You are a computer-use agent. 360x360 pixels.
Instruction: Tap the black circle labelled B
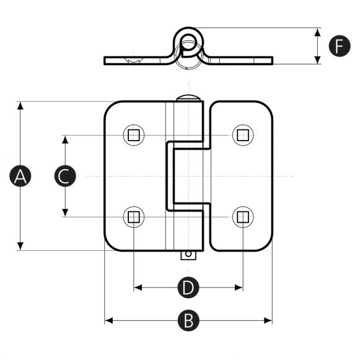click(188, 320)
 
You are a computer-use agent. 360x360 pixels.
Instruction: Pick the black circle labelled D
click(188, 288)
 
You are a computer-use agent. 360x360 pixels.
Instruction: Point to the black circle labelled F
click(339, 46)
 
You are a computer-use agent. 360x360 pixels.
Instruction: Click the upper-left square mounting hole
click(133, 134)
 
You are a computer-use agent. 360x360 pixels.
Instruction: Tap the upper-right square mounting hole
click(243, 134)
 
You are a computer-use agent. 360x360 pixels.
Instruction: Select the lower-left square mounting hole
click(133, 216)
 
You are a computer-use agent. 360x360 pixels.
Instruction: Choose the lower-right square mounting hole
click(243, 216)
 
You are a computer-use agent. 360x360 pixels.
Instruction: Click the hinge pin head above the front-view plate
click(188, 98)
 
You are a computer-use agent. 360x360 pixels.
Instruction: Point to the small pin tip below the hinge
click(188, 255)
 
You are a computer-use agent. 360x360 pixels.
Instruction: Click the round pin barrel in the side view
click(188, 40)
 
